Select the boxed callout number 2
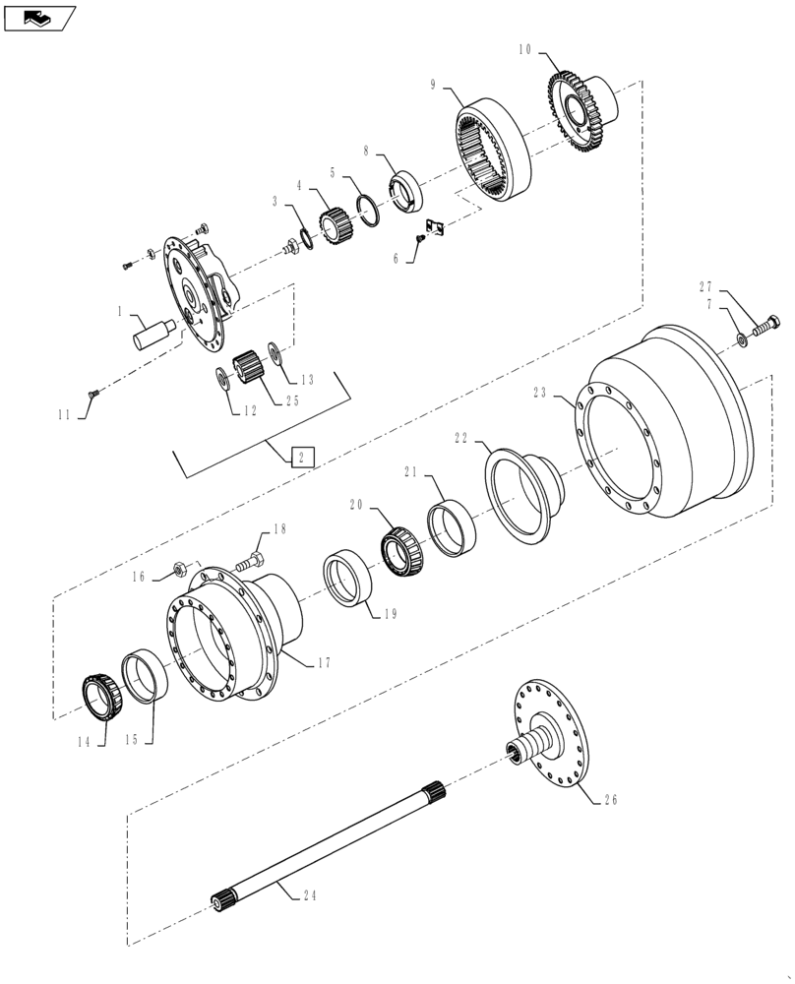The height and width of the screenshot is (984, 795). coord(303,457)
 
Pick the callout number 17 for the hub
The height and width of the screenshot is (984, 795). coord(324,663)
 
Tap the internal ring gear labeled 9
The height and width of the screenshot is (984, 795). coord(492,149)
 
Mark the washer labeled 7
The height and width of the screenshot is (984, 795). coord(739,340)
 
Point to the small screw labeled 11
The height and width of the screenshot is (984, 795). coord(94,395)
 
